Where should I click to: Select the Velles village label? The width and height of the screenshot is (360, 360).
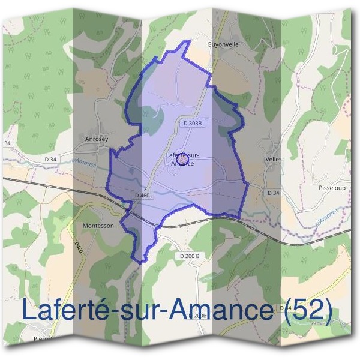pyautogui.click(x=272, y=160)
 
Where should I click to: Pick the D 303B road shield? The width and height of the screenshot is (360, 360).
pyautogui.click(x=191, y=123)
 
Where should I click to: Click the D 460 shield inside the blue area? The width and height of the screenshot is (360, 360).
pyautogui.click(x=142, y=195)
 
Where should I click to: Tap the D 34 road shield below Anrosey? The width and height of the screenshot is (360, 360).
pyautogui.click(x=50, y=158)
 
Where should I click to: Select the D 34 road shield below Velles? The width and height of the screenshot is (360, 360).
pyautogui.click(x=272, y=192)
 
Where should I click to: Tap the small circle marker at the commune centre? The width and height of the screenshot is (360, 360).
pyautogui.click(x=182, y=158)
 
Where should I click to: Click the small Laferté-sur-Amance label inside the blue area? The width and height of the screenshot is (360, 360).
pyautogui.click(x=182, y=159)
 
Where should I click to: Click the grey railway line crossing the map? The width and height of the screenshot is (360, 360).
pyautogui.click(x=60, y=185)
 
